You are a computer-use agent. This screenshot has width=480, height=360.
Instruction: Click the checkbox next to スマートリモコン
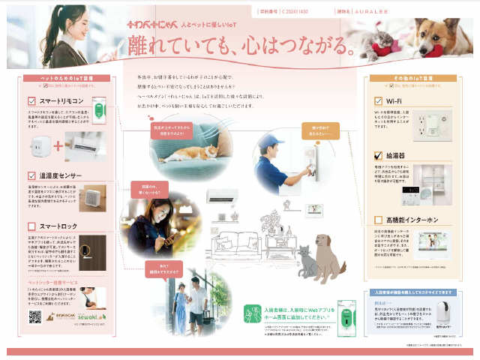tap(31, 100)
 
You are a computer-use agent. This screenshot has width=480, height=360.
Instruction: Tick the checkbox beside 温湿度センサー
tap(31, 175)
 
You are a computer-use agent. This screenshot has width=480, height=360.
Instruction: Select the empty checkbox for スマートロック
tap(31, 225)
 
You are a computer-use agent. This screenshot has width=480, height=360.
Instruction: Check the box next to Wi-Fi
tap(379, 100)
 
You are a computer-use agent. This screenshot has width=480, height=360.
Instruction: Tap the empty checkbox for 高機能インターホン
tap(379, 220)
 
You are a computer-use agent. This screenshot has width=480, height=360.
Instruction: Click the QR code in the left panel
tap(34, 316)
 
